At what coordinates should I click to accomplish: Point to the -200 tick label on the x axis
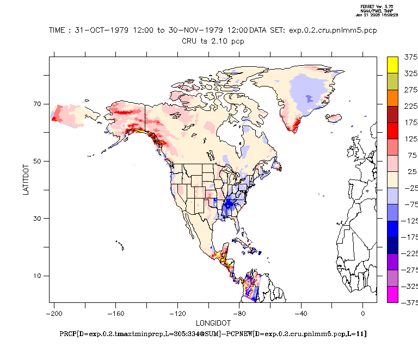[53, 313]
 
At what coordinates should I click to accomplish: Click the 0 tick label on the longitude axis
[362, 313]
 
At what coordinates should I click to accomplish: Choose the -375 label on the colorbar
[410, 303]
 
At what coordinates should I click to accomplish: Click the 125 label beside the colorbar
[411, 139]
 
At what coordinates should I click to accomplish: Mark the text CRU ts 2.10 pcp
[213, 41]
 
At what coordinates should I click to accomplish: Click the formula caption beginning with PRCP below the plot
[213, 333]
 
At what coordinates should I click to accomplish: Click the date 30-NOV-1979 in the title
[187, 30]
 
